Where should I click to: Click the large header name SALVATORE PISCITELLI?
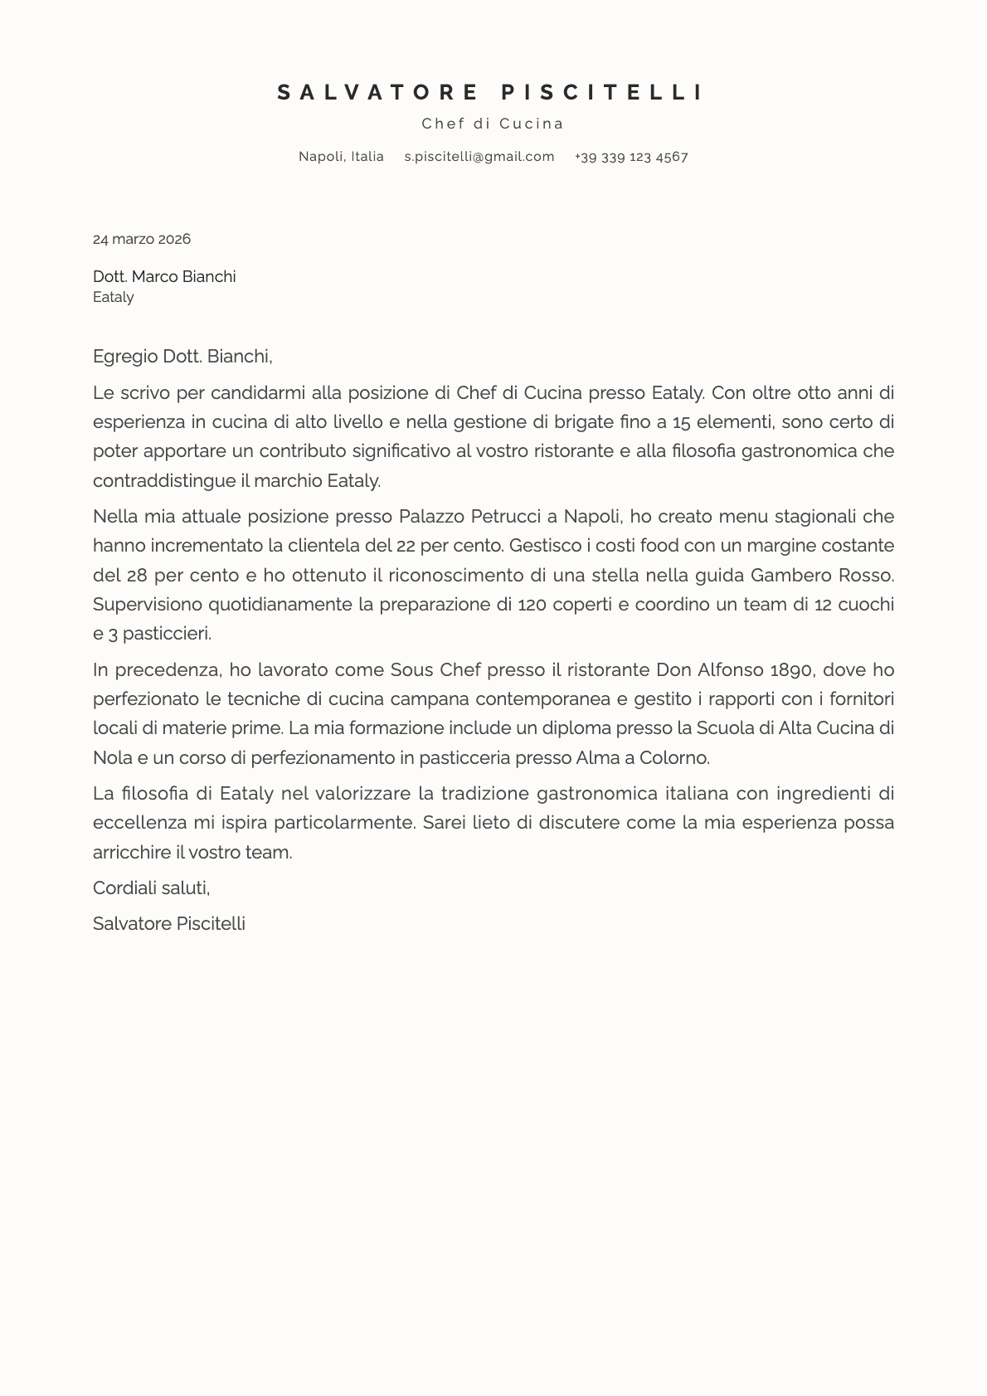491,92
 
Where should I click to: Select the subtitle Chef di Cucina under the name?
493,124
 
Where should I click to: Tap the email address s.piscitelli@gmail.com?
479,157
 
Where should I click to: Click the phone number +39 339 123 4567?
631,157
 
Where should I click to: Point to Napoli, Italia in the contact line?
341,157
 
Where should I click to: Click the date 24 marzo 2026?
142,239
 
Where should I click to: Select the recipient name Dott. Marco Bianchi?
164,276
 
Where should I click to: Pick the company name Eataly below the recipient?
114,297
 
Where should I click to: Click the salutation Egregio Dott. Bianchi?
182,357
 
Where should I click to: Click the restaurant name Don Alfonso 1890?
733,669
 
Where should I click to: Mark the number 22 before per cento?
406,546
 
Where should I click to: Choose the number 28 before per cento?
137,575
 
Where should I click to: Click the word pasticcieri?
167,634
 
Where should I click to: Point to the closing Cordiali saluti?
151,888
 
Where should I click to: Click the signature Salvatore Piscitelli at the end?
169,923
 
